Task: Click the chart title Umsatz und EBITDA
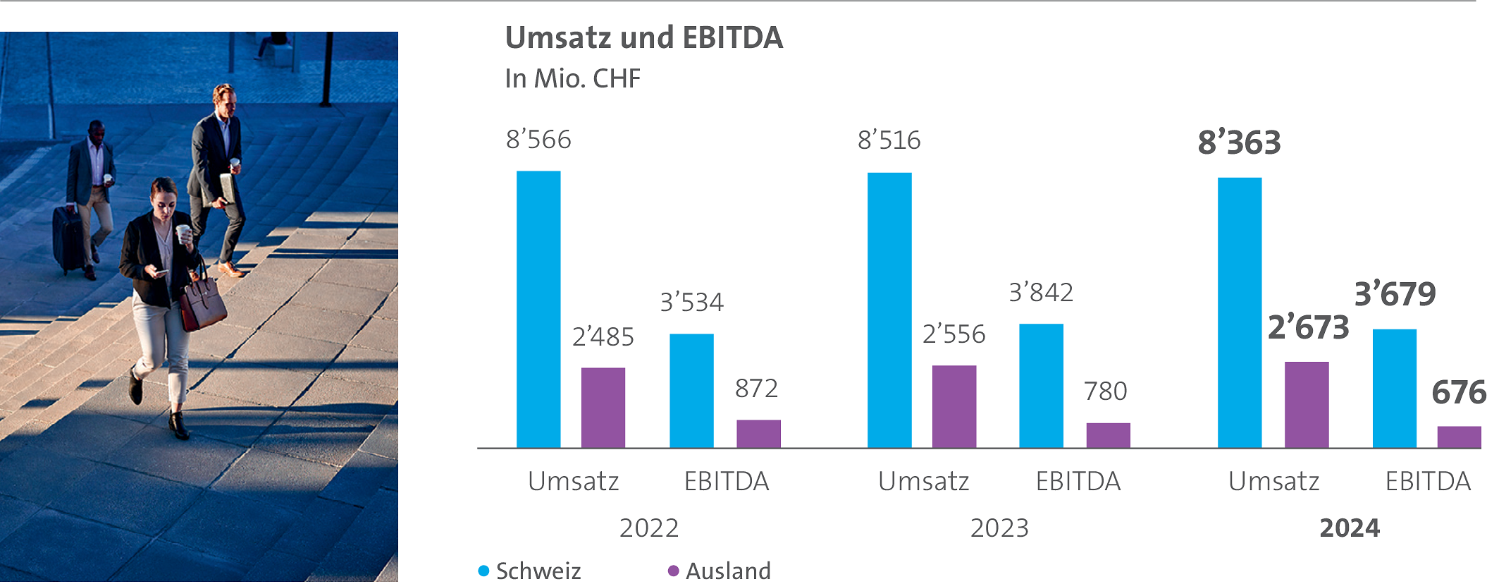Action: click(x=643, y=38)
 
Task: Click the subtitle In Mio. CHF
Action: click(x=572, y=78)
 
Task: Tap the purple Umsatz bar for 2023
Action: click(x=954, y=406)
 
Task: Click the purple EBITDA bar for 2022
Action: click(x=758, y=434)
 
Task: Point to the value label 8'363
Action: click(x=1239, y=142)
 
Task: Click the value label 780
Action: click(x=1105, y=391)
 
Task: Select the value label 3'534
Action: click(x=691, y=303)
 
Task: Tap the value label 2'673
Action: click(x=1308, y=328)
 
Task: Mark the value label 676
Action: click(x=1458, y=393)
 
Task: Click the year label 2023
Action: click(x=999, y=528)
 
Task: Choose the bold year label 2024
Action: click(x=1349, y=528)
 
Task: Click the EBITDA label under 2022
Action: click(x=726, y=482)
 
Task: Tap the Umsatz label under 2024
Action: click(x=1273, y=482)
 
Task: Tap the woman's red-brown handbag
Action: click(x=202, y=303)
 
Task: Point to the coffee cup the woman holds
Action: click(x=183, y=233)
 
